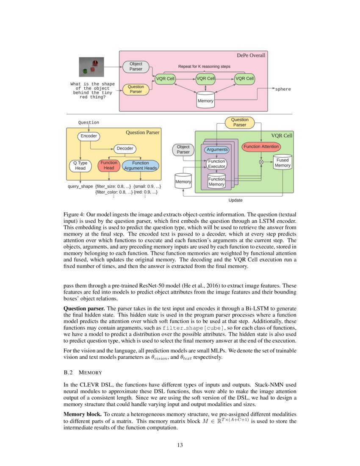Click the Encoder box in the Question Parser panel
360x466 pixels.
(89, 136)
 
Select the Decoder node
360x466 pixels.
(125, 148)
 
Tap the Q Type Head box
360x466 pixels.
(80, 166)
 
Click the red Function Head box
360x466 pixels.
(109, 166)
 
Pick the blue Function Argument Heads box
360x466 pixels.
(140, 166)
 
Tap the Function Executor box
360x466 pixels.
(216, 164)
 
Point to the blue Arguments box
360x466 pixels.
(216, 150)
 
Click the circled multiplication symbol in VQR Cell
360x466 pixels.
(261, 162)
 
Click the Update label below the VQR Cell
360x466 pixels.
(235, 200)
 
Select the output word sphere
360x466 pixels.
(283, 89)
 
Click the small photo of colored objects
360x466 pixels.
(91, 67)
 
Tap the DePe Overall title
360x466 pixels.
(251, 55)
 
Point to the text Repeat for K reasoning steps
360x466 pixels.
(205, 67)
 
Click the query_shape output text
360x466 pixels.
(80, 186)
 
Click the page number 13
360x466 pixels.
(180, 445)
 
